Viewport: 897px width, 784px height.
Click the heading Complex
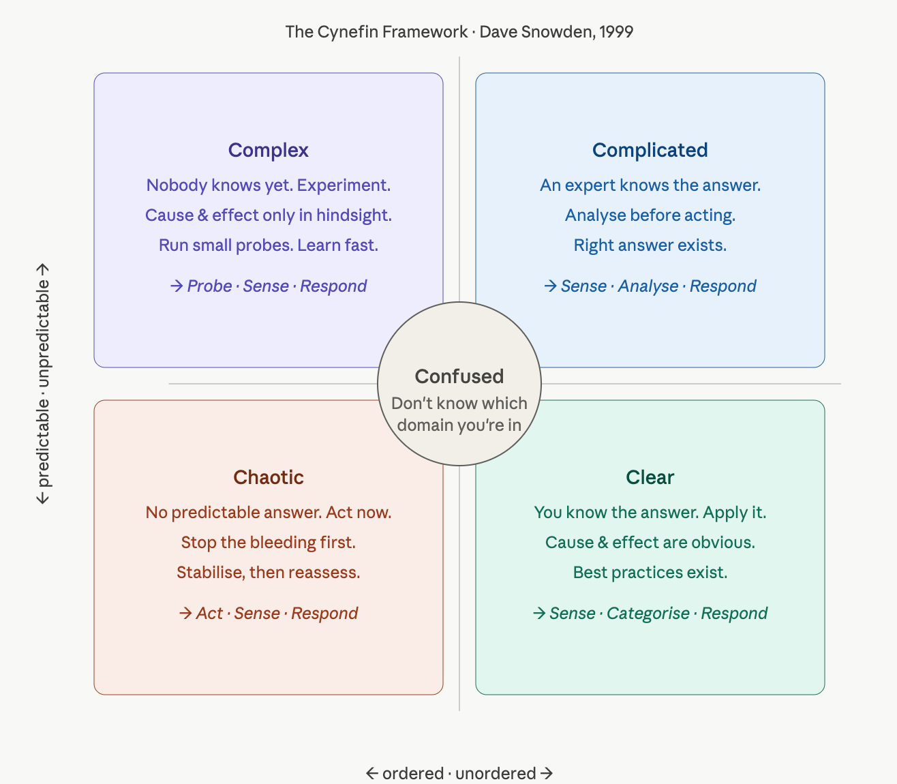point(269,151)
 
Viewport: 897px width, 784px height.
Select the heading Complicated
point(650,151)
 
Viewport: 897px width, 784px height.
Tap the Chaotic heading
point(269,477)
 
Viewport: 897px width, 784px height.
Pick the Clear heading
point(650,477)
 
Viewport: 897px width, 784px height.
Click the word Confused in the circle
point(459,376)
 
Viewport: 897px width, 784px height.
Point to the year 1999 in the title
point(616,32)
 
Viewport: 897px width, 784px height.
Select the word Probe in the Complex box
point(209,286)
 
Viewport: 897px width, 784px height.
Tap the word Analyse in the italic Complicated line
point(648,286)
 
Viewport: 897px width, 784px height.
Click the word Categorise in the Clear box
point(648,614)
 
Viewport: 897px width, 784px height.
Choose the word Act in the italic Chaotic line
point(209,614)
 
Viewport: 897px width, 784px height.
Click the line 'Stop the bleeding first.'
point(269,543)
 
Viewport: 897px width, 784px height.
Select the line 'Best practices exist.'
point(650,573)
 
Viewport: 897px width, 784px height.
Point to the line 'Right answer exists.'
point(650,245)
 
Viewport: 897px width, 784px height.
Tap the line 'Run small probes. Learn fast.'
point(269,245)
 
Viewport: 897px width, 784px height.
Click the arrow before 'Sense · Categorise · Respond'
point(539,613)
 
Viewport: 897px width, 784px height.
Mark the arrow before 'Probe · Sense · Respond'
point(177,286)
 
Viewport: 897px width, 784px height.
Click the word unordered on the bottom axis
point(496,774)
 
